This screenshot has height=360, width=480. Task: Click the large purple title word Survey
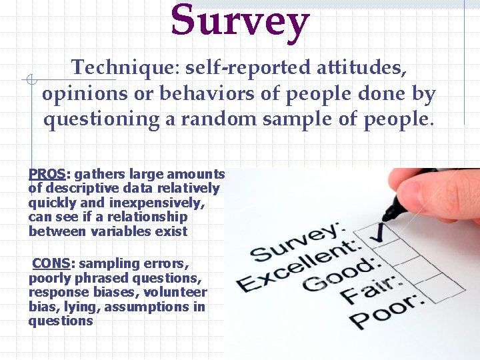click(240, 21)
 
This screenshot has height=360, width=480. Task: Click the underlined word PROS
click(47, 174)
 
